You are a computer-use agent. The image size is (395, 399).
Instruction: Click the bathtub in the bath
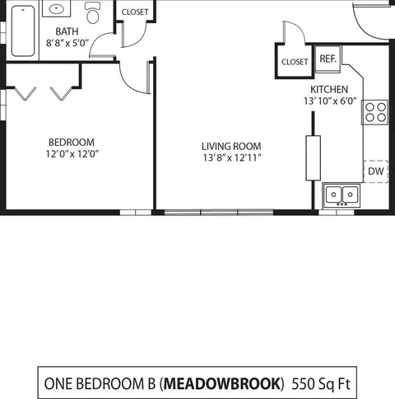pos(23,31)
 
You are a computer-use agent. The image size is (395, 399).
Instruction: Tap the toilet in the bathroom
pos(93,12)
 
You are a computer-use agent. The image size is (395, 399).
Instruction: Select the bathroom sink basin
pos(57,9)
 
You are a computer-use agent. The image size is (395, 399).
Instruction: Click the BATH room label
pos(67,31)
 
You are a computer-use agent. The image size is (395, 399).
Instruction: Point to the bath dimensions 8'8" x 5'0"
pos(67,43)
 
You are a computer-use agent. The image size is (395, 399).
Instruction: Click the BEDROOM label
pos(72,143)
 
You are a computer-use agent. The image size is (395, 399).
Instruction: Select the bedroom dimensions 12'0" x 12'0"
pos(72,154)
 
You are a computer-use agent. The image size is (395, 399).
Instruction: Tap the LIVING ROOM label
pos(231,146)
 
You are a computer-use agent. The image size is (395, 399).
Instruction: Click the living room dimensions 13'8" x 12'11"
pos(232,157)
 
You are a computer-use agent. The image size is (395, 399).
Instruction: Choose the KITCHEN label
pos(329,89)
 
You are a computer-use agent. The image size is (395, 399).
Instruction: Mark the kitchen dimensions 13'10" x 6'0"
pos(330,101)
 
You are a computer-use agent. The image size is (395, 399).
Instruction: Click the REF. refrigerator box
pos(328,59)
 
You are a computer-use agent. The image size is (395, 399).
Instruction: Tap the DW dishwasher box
pos(376,171)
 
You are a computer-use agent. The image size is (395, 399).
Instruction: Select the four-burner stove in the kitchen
pos(375,112)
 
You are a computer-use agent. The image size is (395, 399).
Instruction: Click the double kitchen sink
pos(342,195)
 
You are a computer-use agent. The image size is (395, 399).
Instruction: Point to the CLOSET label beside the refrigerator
pos(295,62)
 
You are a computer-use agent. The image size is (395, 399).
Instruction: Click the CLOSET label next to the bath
pos(135,12)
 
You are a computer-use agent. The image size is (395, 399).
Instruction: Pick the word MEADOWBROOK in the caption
pos(222,383)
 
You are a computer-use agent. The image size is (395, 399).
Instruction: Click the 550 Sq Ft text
pos(321,383)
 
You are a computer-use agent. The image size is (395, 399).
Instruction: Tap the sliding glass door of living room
pos(219,212)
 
